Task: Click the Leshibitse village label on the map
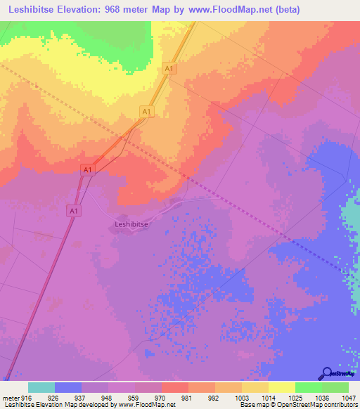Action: point(131,225)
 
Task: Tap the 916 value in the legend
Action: point(27,398)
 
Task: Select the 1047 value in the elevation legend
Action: point(349,398)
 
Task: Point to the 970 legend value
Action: point(161,398)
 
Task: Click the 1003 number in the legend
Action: point(241,398)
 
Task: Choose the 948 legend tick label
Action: point(108,398)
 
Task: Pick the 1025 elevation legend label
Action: point(295,398)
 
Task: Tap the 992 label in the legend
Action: point(214,398)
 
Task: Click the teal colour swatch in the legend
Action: point(41,387)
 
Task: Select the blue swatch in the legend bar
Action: point(68,387)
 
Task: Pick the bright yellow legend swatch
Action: point(282,387)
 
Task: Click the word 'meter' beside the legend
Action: point(11,398)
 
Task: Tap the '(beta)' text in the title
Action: point(288,9)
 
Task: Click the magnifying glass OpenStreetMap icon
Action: point(327,373)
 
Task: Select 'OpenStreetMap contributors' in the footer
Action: point(323,405)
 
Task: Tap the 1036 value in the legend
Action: point(321,398)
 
